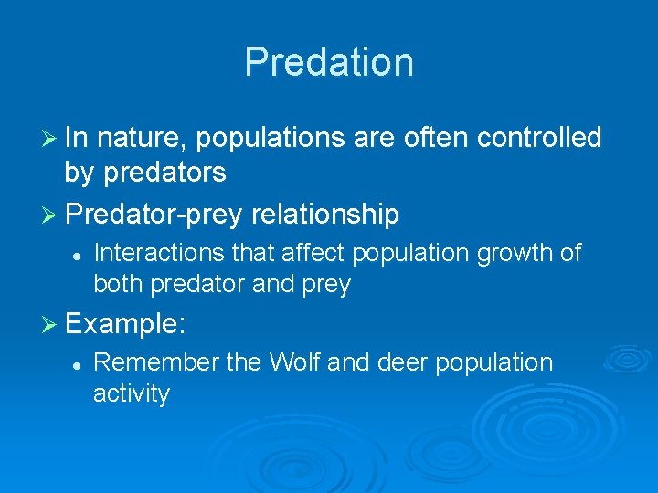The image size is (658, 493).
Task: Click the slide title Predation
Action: (329, 62)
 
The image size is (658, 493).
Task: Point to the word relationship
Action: (324, 215)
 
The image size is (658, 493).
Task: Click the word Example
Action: (122, 324)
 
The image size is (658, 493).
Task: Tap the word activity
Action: (132, 393)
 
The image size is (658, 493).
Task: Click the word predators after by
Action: (164, 171)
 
